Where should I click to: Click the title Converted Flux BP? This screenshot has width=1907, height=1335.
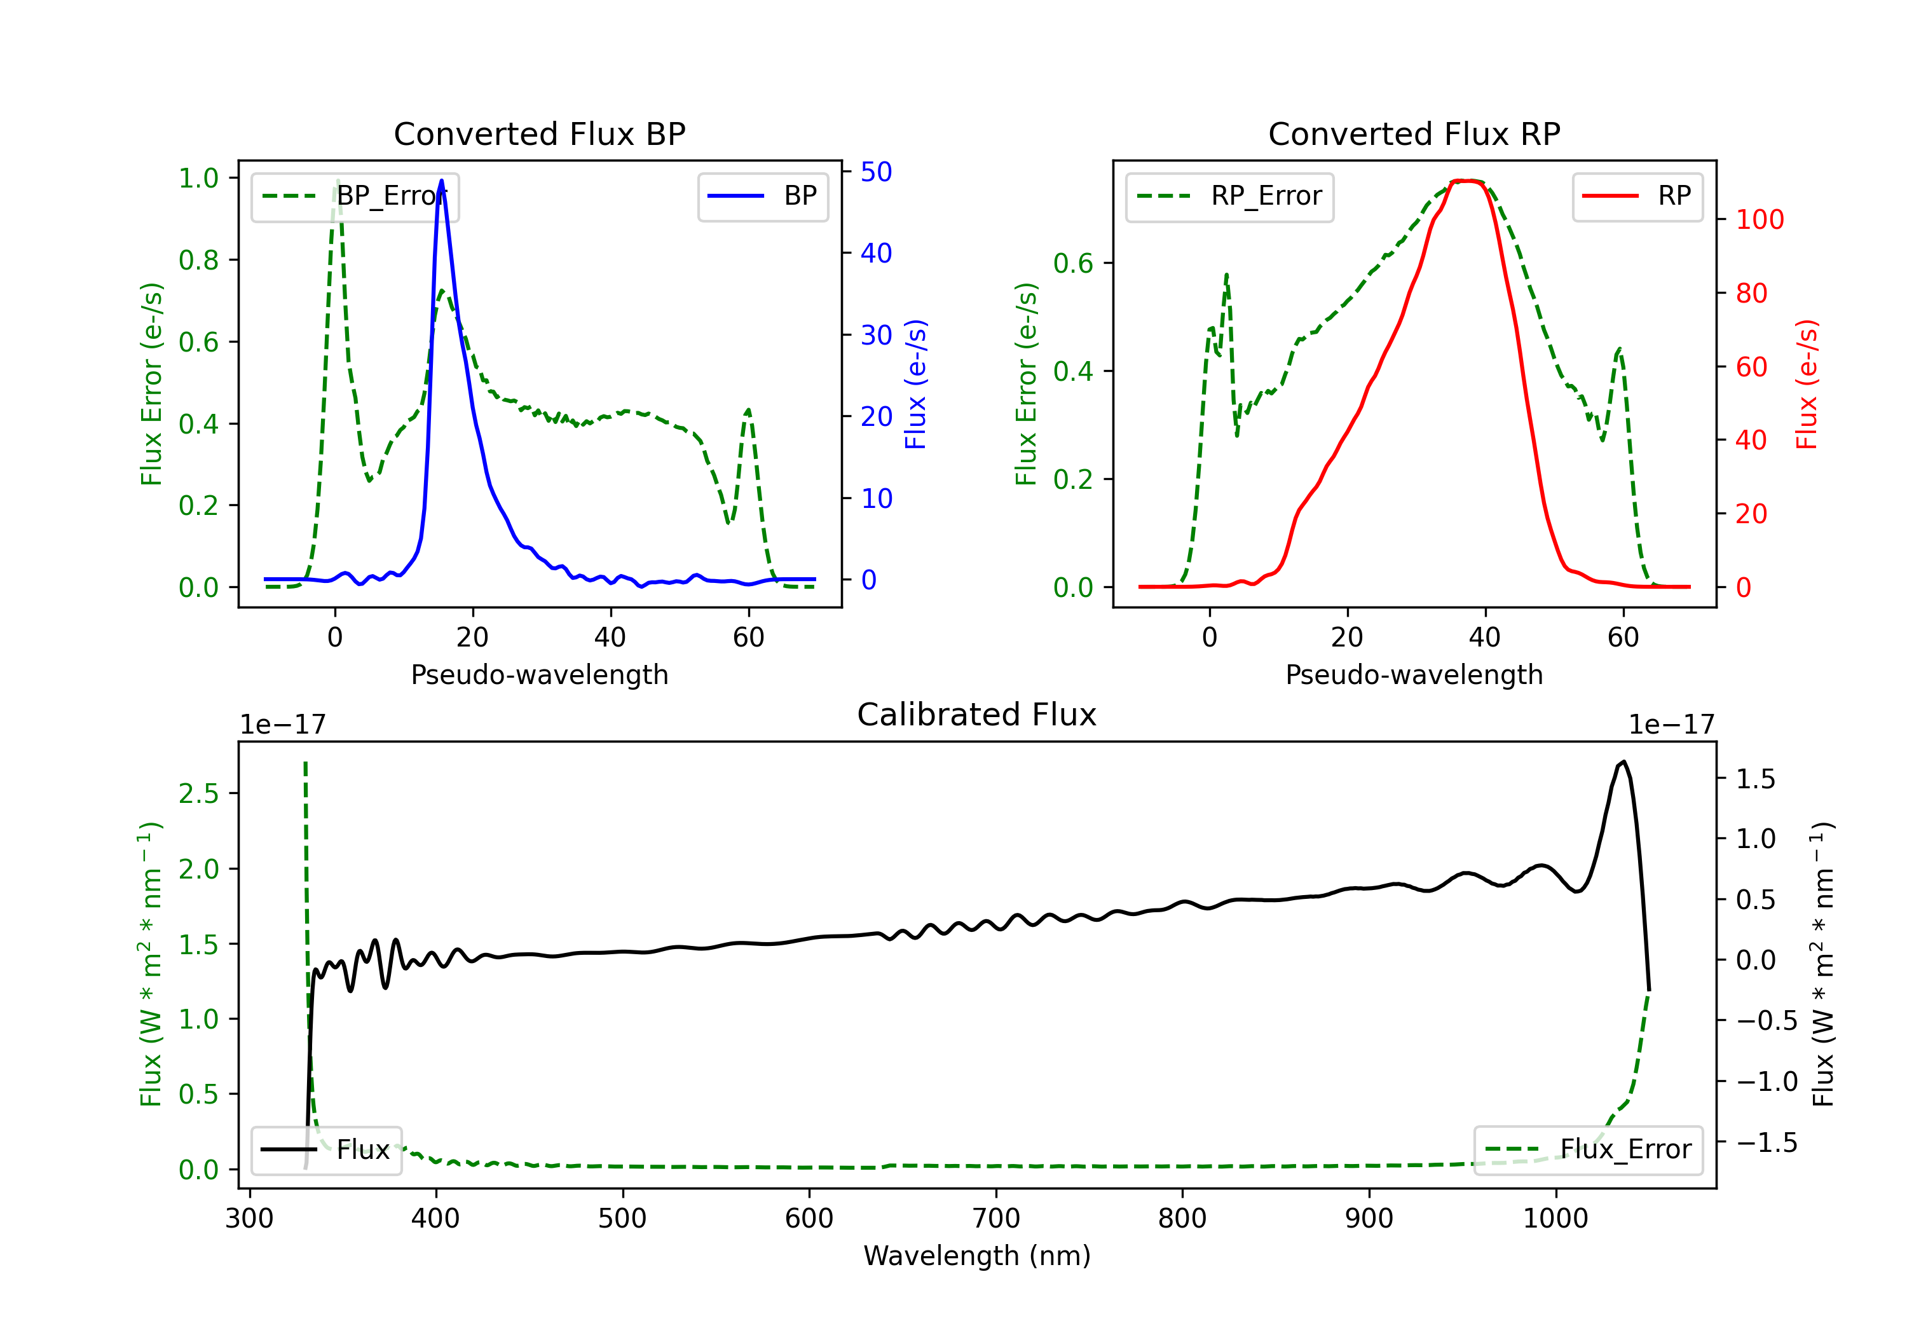[539, 133]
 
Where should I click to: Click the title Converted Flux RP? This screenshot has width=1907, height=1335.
[1414, 133]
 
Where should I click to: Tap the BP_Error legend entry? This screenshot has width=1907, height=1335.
[355, 196]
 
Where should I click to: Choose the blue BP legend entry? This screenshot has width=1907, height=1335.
[762, 196]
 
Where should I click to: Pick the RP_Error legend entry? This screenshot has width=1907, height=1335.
[1229, 196]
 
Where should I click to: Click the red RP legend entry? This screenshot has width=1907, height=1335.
[1637, 196]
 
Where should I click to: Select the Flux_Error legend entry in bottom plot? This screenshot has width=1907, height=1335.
[1587, 1150]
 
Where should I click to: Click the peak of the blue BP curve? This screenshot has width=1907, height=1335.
[441, 181]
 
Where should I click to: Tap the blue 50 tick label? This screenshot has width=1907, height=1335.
[876, 172]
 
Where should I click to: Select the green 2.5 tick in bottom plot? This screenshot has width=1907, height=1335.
[198, 793]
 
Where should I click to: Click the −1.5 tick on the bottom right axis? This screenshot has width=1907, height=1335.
[1767, 1142]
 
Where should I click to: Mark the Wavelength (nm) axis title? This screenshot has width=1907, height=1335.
[977, 1256]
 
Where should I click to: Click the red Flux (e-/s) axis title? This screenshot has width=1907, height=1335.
[1807, 384]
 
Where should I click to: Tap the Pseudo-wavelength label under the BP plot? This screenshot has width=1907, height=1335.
[540, 674]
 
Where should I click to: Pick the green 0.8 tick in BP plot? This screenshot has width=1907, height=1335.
[198, 260]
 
